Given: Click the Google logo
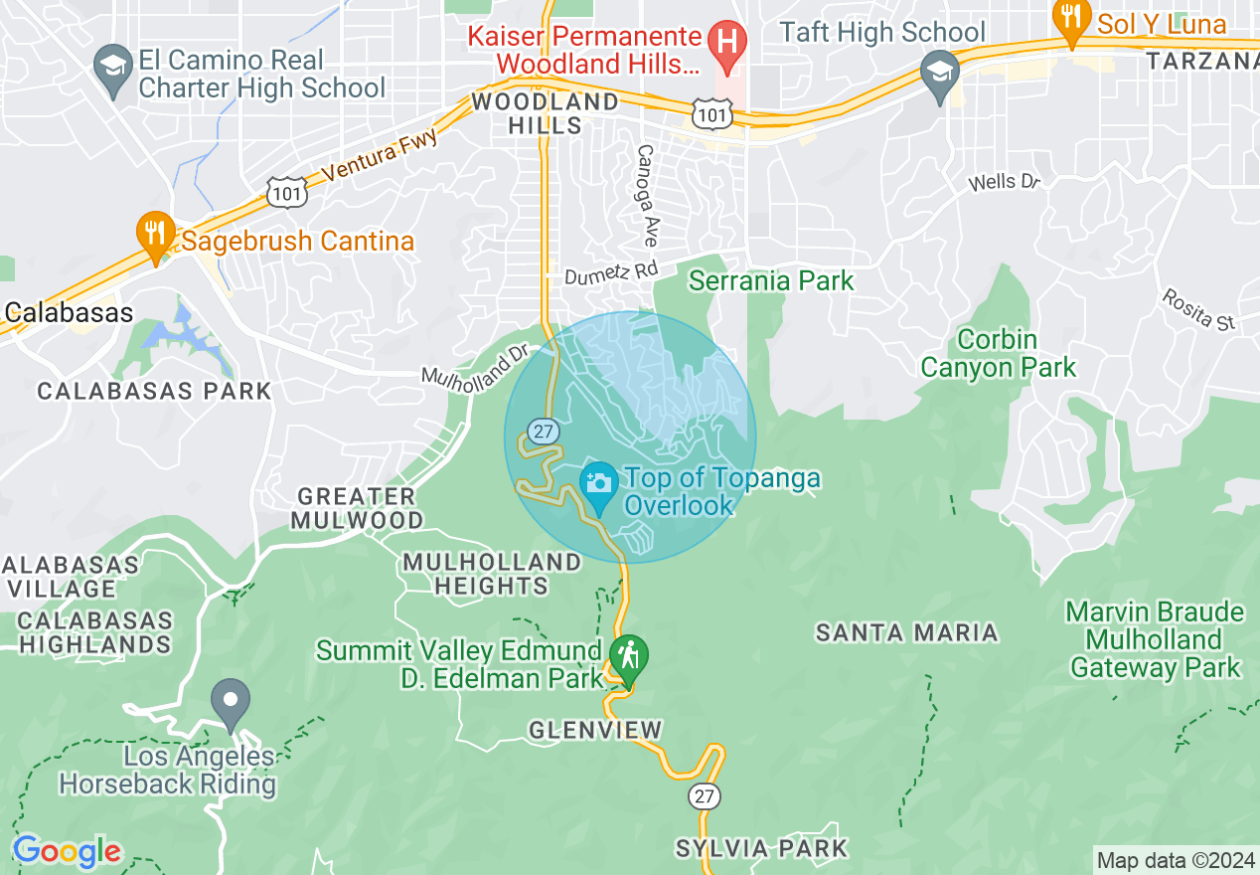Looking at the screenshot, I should (x=67, y=851).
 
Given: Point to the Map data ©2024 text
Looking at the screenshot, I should (x=1175, y=860).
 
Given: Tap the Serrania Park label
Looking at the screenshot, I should (x=771, y=281).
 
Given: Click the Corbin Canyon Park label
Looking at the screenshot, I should (x=998, y=354).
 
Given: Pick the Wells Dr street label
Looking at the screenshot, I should (x=1004, y=182).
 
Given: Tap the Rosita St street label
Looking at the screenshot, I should (x=1198, y=309).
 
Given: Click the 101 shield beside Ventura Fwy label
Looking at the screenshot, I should (x=287, y=193).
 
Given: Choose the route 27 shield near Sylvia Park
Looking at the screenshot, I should (x=704, y=796).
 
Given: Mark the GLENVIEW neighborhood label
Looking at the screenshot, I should (x=594, y=731).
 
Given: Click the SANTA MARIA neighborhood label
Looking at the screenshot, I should (x=906, y=632).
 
